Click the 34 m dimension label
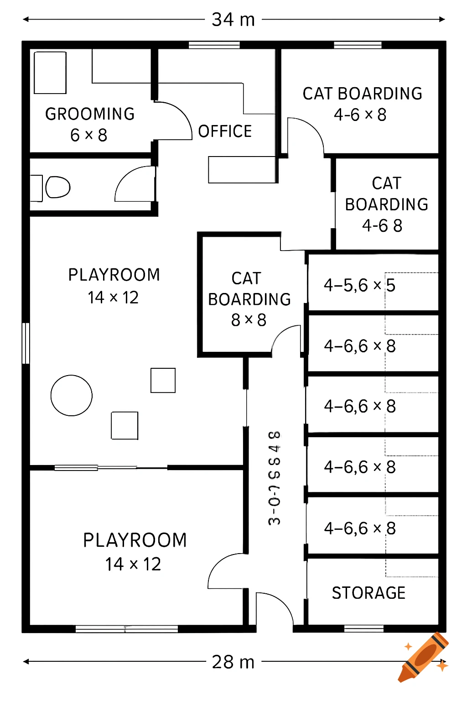click(x=233, y=20)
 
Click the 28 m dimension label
click(x=233, y=662)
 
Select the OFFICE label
click(x=225, y=131)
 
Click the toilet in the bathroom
click(x=57, y=187)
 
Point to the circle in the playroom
click(x=72, y=395)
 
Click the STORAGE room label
click(x=368, y=593)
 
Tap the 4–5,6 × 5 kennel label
click(x=359, y=286)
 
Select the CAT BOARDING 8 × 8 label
click(x=249, y=299)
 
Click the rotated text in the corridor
click(x=275, y=478)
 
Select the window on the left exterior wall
click(x=26, y=343)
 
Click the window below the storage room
click(x=363, y=629)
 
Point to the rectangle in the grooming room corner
click(x=50, y=73)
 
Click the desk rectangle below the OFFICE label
click(x=242, y=170)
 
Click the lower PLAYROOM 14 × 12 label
click(x=135, y=552)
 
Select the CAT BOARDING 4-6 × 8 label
click(x=362, y=104)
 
